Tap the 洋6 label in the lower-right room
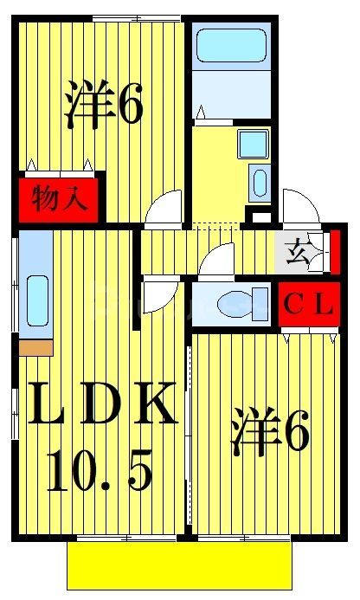click(270, 433)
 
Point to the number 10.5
click(100, 472)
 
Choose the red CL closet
click(309, 305)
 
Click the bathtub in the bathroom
click(230, 45)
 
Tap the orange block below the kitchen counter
click(35, 347)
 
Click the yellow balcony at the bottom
click(179, 566)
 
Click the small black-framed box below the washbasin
click(259, 213)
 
